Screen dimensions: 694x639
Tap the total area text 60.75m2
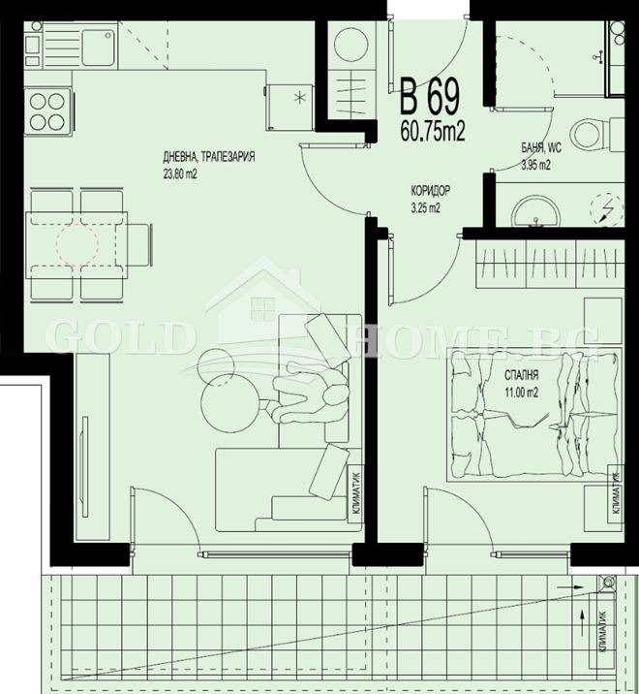coord(432,132)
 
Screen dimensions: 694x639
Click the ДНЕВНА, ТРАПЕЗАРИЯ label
coord(208,156)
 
